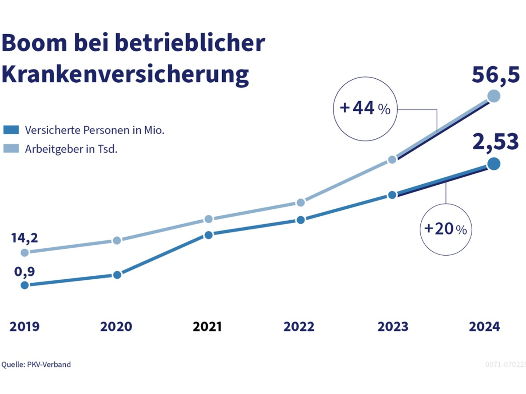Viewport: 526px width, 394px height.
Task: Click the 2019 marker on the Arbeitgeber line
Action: click(x=25, y=252)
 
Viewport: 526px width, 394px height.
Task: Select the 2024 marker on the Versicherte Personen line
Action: click(x=494, y=164)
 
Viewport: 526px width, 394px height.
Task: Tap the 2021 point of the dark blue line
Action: click(x=208, y=235)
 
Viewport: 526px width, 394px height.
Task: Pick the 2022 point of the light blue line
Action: click(x=300, y=202)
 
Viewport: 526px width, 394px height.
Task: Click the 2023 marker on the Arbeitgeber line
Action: click(x=392, y=160)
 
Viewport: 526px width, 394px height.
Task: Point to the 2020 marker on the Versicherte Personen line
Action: click(x=117, y=275)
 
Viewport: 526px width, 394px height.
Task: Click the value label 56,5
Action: click(x=495, y=75)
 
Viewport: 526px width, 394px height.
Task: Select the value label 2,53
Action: click(x=495, y=143)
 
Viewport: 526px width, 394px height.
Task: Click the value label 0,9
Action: click(x=25, y=271)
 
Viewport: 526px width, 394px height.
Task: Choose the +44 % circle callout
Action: click(x=365, y=109)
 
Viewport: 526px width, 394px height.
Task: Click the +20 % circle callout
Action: click(x=446, y=229)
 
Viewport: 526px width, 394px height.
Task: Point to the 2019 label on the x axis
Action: click(x=25, y=327)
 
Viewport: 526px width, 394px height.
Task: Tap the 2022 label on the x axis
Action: click(x=299, y=327)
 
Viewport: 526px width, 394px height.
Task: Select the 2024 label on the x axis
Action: click(x=484, y=327)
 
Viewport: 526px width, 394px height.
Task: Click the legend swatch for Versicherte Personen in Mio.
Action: click(x=11, y=130)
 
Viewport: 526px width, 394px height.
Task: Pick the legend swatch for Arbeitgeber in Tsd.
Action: click(x=11, y=149)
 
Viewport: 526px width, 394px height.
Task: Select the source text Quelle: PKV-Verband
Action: click(x=36, y=364)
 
